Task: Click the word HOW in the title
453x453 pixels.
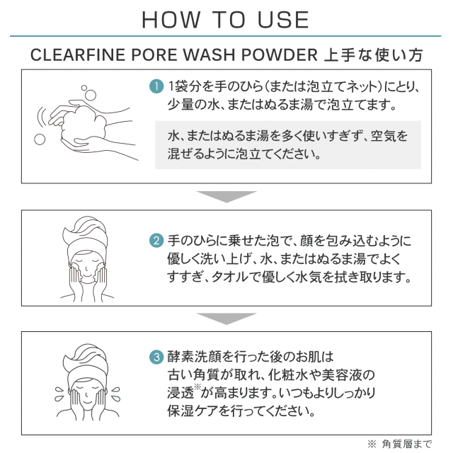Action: click(171, 20)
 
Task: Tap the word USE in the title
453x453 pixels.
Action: click(283, 20)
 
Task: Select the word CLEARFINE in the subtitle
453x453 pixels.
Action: click(77, 55)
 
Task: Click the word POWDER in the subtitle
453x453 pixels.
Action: click(279, 55)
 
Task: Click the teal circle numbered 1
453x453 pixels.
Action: click(156, 86)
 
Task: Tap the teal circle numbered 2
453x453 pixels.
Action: click(156, 241)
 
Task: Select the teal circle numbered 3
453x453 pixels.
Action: click(156, 357)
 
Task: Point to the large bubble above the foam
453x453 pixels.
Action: click(91, 95)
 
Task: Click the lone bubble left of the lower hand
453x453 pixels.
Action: click(40, 139)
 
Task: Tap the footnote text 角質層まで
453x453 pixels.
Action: click(406, 444)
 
